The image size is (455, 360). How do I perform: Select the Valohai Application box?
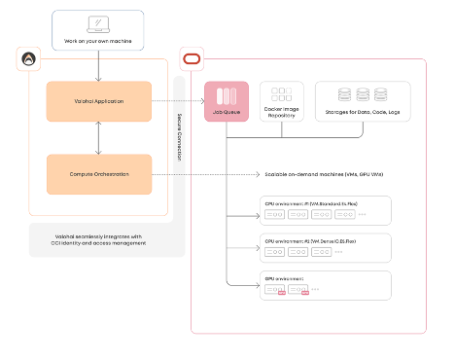[x=98, y=101]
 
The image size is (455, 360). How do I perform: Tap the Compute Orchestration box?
[x=98, y=174]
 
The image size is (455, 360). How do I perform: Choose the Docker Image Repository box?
[x=282, y=102]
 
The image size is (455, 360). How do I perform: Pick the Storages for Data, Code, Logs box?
[x=362, y=102]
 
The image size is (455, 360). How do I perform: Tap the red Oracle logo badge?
[x=191, y=59]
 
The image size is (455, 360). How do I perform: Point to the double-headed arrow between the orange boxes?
[x=98, y=138]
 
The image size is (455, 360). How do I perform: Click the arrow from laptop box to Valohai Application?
[x=98, y=65]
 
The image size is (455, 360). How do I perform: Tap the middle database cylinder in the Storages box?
[x=362, y=95]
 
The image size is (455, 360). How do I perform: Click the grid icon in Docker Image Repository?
[x=282, y=95]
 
